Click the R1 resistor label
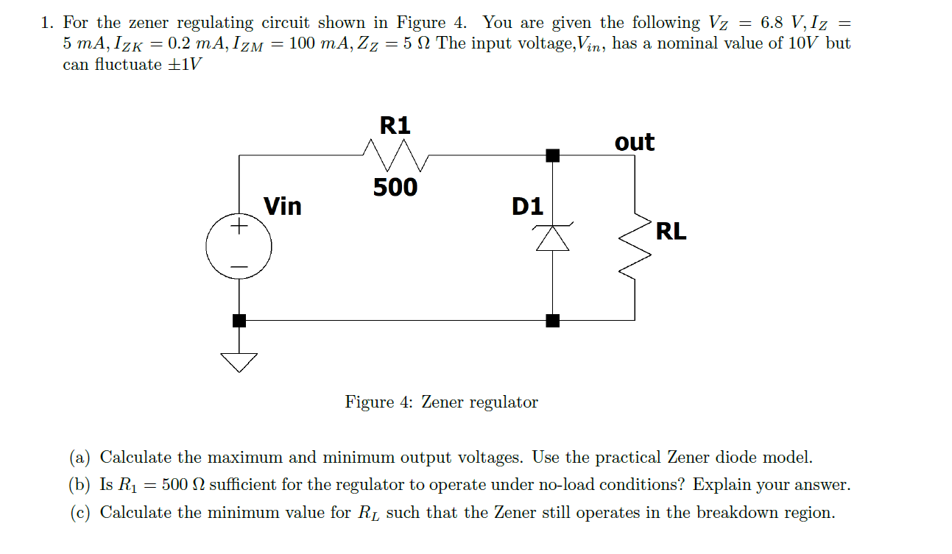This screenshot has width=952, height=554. coord(395,125)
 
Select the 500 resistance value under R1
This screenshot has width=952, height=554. coord(395,188)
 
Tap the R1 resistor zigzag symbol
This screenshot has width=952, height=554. coord(395,155)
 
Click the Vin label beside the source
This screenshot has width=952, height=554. coord(283,206)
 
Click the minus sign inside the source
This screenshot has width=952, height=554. coord(239,266)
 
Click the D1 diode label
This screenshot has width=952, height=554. coord(527,207)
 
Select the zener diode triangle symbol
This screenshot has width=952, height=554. coord(553,238)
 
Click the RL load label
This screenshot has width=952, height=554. coord(671,231)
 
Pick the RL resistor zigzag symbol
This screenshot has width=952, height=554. coord(635,249)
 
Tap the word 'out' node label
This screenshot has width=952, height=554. coord(634,142)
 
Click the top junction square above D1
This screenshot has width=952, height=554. coord(553,155)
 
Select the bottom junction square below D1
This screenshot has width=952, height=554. coord(553,320)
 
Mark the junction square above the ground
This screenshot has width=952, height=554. coord(239,320)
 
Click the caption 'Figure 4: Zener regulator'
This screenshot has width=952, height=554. coord(441,402)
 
